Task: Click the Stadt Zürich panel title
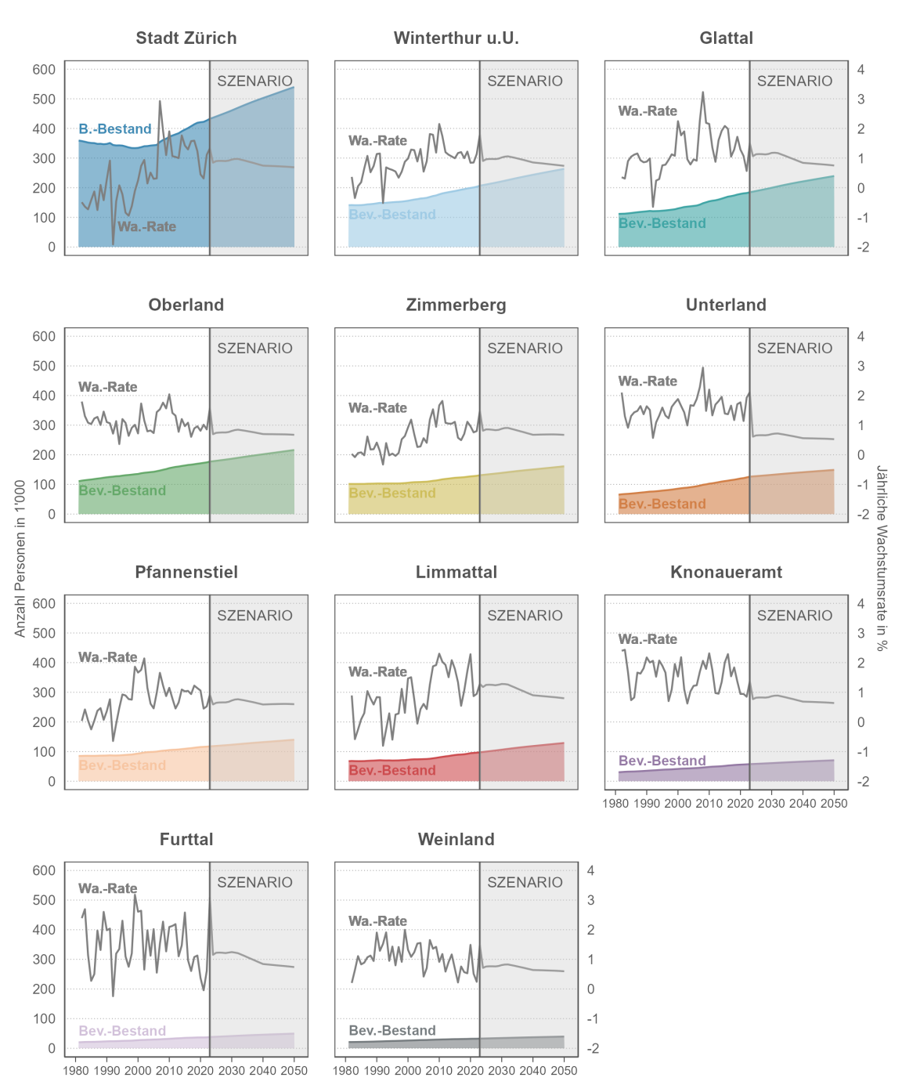click(x=186, y=38)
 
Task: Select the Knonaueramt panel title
click(x=726, y=573)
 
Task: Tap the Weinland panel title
click(x=456, y=840)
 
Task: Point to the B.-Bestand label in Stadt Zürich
click(x=115, y=129)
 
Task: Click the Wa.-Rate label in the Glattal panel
click(x=648, y=111)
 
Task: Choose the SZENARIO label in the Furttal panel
click(x=254, y=883)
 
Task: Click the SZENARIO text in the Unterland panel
click(x=795, y=349)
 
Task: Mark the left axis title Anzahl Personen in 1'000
click(x=20, y=558)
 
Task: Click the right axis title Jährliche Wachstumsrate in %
click(x=882, y=558)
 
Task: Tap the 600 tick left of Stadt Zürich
click(x=44, y=70)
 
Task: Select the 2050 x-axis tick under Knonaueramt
click(x=834, y=804)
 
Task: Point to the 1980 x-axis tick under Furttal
click(x=75, y=1071)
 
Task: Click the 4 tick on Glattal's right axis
click(x=861, y=70)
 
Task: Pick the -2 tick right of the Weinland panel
click(x=593, y=1049)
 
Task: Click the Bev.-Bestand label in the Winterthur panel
click(x=392, y=215)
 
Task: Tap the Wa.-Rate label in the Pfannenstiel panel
click(x=108, y=657)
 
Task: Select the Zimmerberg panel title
click(x=456, y=306)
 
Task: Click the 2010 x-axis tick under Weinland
click(x=439, y=1071)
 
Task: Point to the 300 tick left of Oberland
click(x=44, y=426)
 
